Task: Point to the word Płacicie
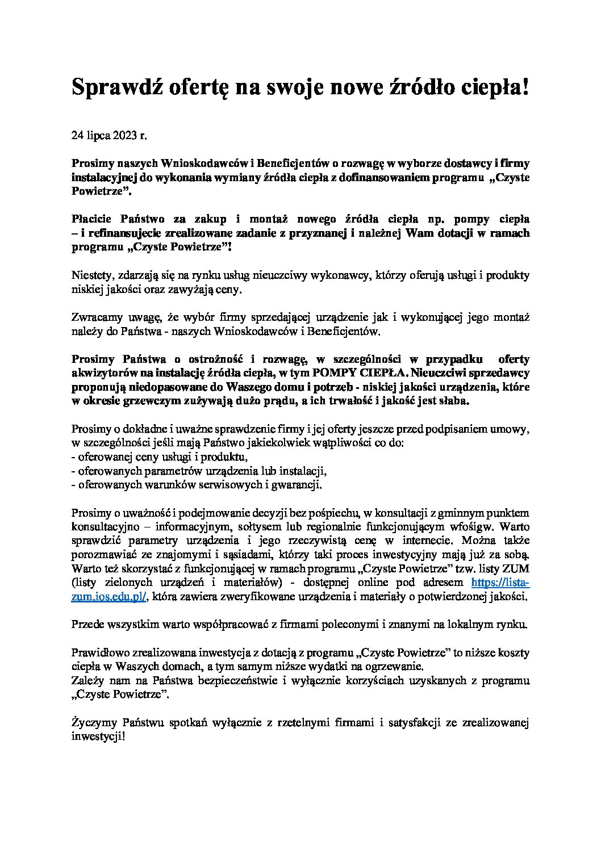[x=91, y=219]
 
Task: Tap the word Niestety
[x=91, y=276]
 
